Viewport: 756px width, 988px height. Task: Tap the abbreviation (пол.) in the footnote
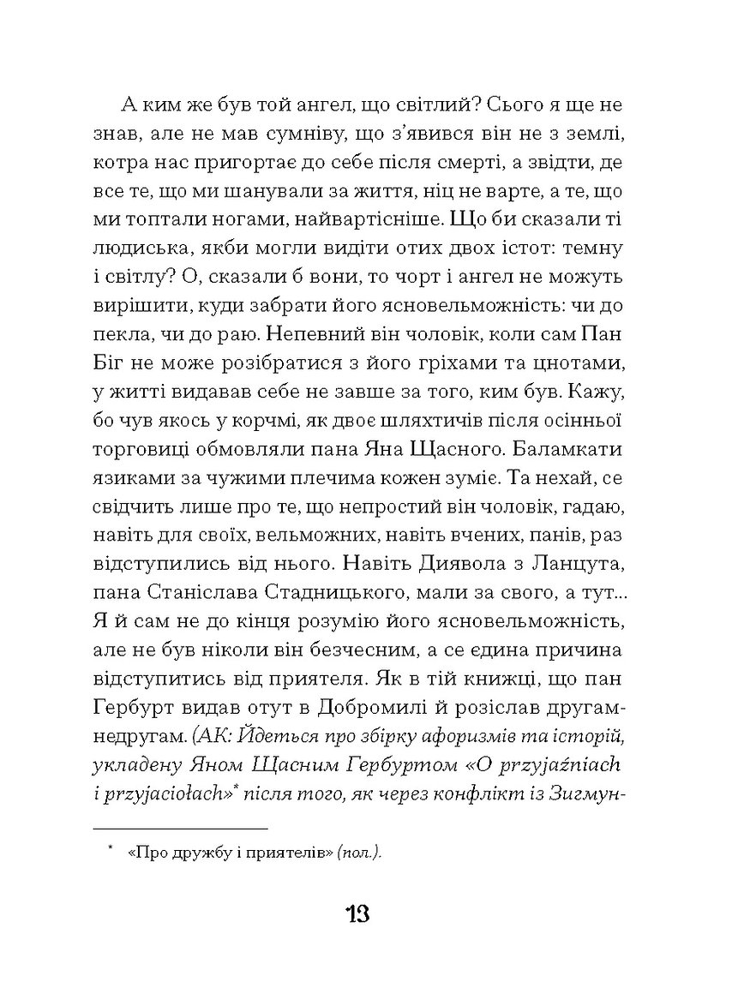click(x=360, y=853)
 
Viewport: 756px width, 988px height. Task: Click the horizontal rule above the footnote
click(x=180, y=828)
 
